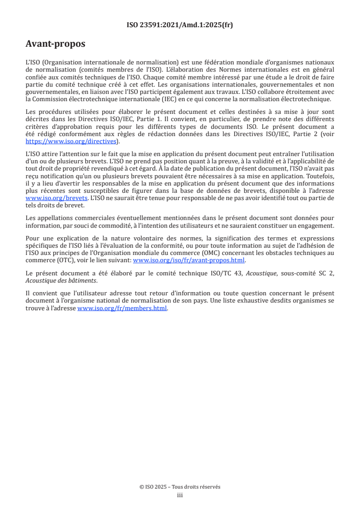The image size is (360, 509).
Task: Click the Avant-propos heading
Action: [x=55, y=44]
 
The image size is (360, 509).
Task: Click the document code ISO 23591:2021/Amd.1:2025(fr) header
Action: [x=180, y=25]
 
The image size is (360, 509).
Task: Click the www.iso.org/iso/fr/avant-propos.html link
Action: [x=188, y=260]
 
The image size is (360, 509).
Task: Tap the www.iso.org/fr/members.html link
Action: [x=123, y=308]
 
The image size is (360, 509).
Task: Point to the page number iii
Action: [x=180, y=495]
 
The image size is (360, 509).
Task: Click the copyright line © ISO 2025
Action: [x=180, y=487]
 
